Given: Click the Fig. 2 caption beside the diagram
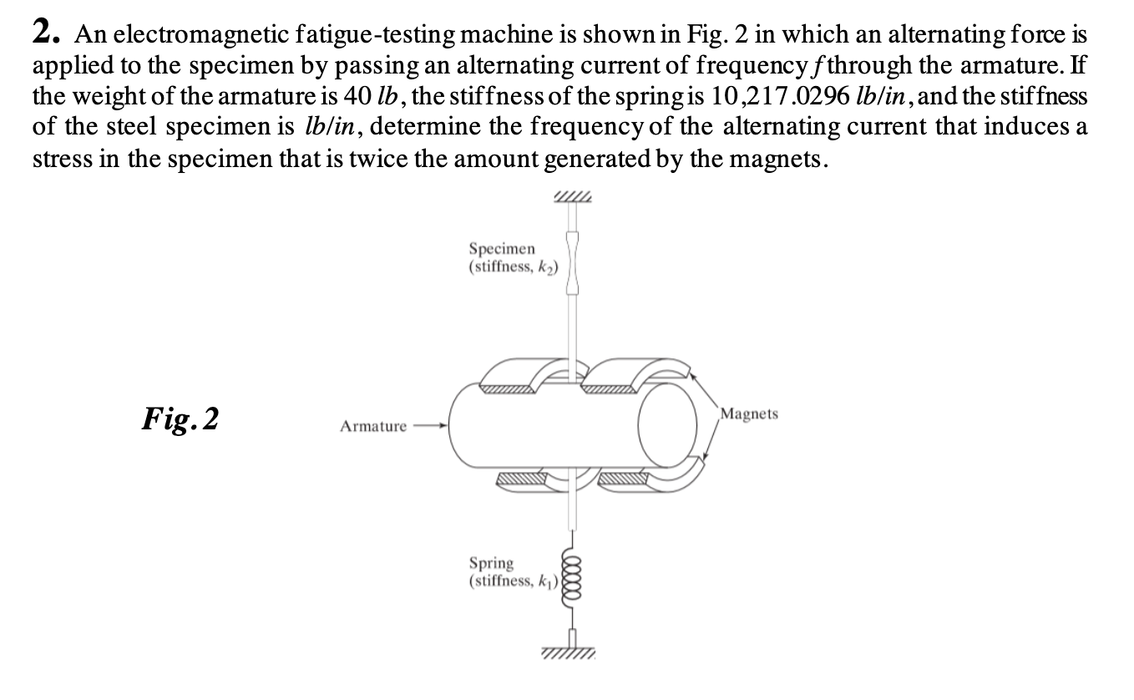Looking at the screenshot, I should coord(180,418).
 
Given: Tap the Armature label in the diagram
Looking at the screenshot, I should coord(373,426).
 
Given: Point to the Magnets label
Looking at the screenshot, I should coord(749,413).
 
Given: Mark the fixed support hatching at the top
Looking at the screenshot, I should coord(572,197).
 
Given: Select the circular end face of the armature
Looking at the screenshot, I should coord(666,425).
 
